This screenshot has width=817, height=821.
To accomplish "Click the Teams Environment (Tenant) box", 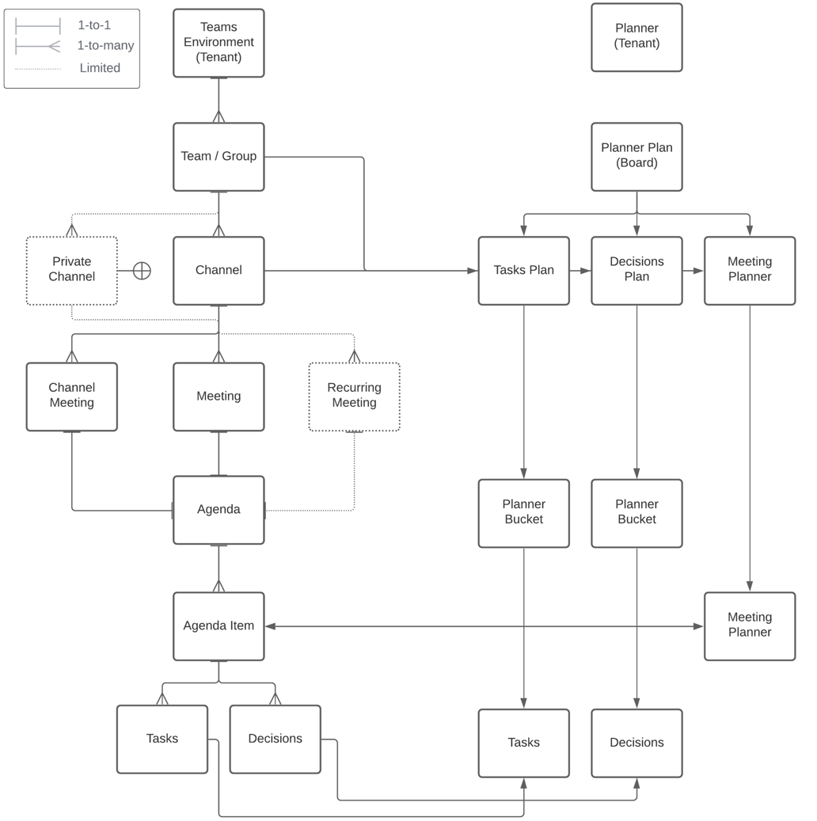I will [218, 43].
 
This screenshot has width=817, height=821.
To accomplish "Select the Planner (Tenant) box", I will [636, 37].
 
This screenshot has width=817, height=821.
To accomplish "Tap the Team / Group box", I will [218, 157].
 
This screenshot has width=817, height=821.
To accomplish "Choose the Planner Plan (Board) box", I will [636, 157].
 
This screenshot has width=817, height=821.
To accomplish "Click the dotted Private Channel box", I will [72, 271].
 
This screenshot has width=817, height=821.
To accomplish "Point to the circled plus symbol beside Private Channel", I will [142, 271].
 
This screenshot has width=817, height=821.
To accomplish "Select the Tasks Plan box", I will [523, 271].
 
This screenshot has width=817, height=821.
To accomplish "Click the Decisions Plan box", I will [636, 271].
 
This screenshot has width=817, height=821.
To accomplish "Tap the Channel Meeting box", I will [72, 397].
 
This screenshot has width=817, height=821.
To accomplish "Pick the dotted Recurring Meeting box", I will [354, 397].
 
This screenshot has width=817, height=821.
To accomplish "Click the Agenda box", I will [218, 510].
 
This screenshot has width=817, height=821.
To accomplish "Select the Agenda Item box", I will [218, 626].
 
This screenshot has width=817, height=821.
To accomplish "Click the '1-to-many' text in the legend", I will [105, 46].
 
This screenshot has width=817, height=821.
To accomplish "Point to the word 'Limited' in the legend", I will [100, 68].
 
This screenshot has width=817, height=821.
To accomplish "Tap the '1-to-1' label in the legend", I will [94, 25].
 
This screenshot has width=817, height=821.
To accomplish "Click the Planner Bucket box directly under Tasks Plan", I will [523, 513].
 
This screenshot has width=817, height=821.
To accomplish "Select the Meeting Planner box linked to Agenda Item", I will [750, 626].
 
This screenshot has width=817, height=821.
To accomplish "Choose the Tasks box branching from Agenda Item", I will [162, 739].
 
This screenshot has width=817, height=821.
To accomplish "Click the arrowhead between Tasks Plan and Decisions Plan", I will [586, 271].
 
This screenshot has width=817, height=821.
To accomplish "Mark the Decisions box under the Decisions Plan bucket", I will [636, 743].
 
